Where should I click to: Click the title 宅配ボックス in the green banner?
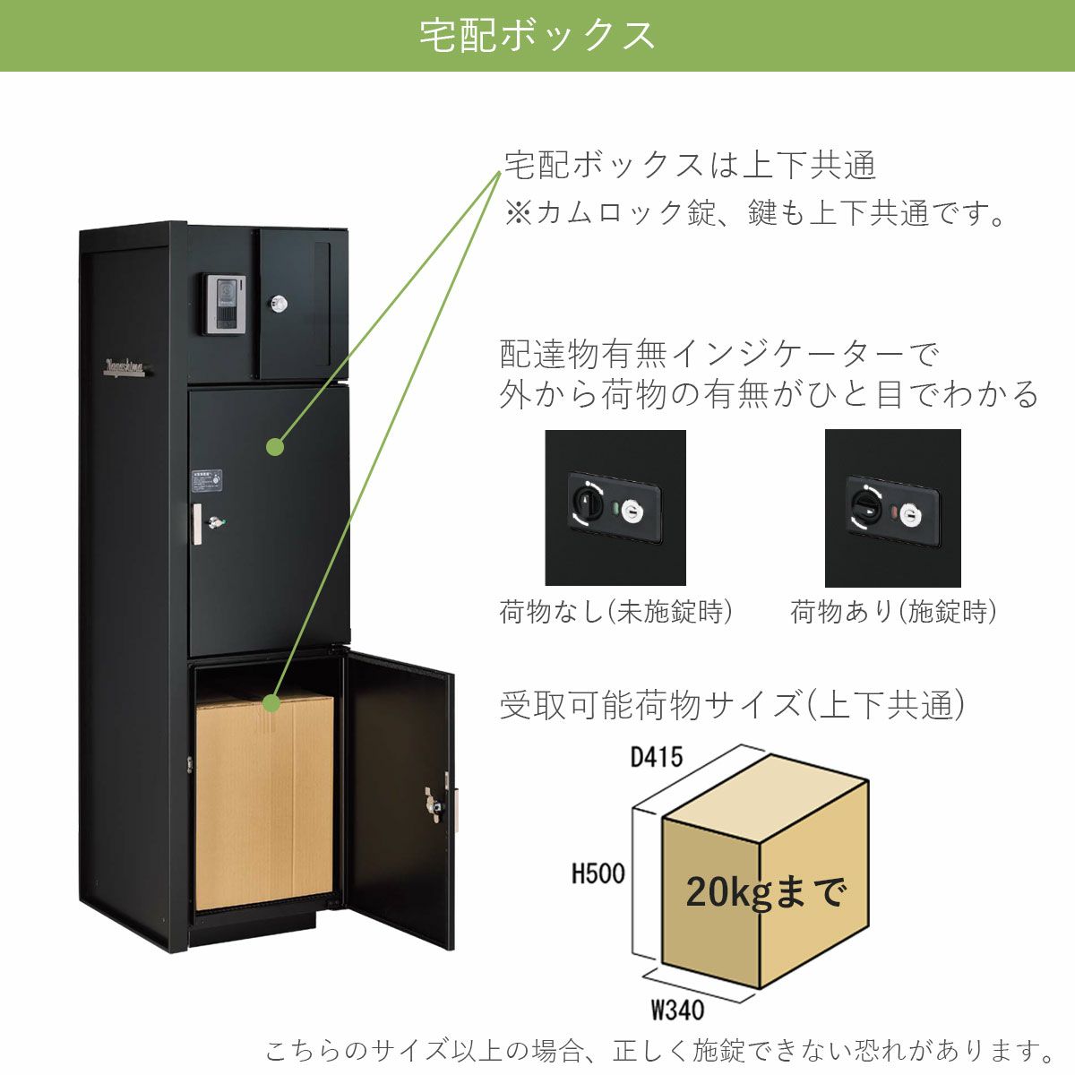537,36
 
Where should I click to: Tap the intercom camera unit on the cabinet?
224,304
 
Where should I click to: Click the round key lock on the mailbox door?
279,304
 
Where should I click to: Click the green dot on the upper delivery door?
275,447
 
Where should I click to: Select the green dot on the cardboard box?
271,702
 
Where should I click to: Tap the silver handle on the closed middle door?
197,523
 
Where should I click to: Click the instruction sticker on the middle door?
208,480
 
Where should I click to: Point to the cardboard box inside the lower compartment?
264,801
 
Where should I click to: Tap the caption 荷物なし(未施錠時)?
615,612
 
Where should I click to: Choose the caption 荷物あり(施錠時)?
893,612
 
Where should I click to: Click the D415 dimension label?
657,757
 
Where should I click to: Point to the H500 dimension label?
598,873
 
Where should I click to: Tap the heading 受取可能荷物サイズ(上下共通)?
732,705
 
